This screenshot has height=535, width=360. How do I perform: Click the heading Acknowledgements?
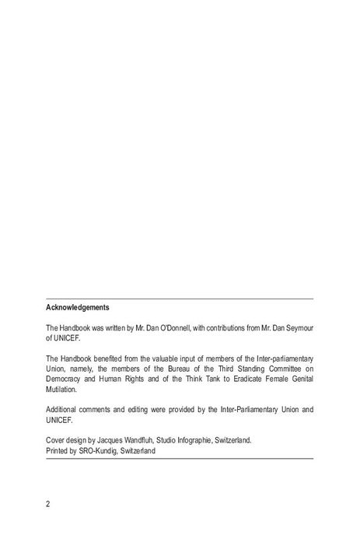pyautogui.click(x=78, y=307)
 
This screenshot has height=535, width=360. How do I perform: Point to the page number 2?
pyautogui.click(x=48, y=504)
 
